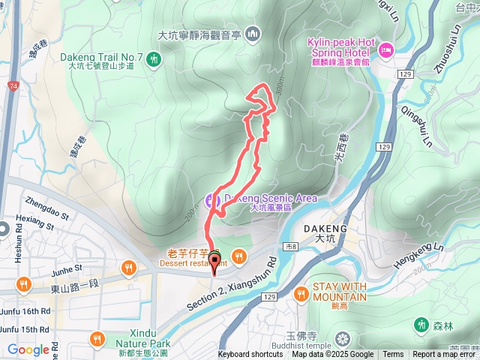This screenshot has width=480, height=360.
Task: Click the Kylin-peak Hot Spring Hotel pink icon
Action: (x=387, y=51)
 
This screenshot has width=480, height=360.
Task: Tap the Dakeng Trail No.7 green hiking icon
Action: (x=154, y=58)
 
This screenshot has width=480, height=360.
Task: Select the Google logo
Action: (x=28, y=349)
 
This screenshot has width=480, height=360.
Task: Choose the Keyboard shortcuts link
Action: (x=250, y=355)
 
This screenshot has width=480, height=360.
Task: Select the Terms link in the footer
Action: (x=393, y=355)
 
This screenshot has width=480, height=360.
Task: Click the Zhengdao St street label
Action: (x=46, y=202)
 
